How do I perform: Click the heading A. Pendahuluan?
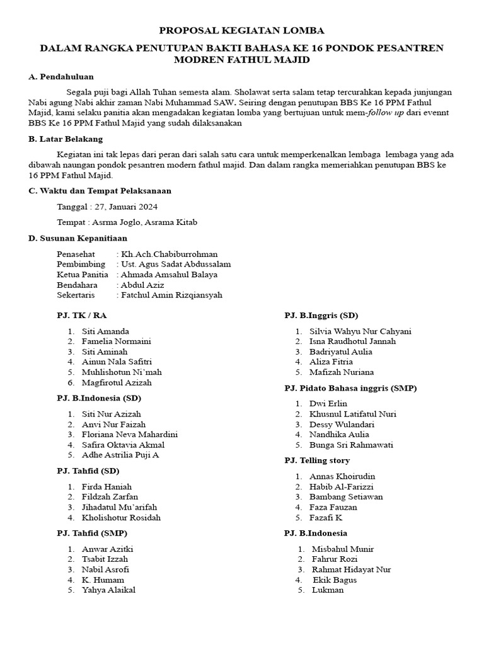click(61, 77)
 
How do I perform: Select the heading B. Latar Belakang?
click(66, 139)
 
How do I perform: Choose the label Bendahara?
click(77, 285)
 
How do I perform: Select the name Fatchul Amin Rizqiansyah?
click(171, 295)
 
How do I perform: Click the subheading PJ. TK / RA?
click(82, 316)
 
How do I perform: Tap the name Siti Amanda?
click(105, 331)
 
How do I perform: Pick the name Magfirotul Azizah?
click(117, 382)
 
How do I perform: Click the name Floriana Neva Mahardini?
click(130, 435)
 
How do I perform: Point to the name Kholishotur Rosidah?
click(121, 518)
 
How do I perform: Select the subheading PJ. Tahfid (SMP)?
click(92, 534)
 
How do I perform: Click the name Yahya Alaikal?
click(108, 590)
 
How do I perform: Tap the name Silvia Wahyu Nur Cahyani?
click(360, 331)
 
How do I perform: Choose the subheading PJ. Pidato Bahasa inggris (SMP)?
click(350, 388)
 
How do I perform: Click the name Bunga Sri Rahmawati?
click(351, 445)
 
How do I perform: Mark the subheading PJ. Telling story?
click(317, 460)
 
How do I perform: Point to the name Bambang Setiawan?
click(346, 497)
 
